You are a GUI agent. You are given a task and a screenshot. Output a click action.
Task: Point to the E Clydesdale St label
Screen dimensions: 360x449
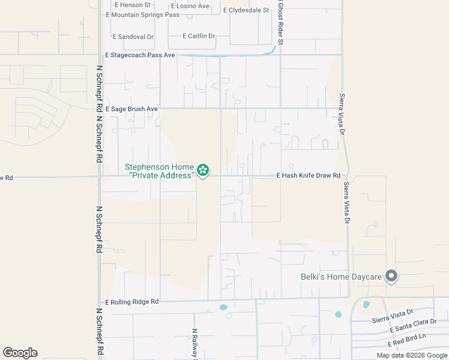click(246, 10)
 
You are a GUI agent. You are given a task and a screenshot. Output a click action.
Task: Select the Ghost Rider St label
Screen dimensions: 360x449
click(280, 21)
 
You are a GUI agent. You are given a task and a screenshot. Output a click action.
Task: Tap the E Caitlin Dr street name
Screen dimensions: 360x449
click(199, 36)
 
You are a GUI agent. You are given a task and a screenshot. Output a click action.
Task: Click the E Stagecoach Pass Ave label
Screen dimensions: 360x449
click(139, 55)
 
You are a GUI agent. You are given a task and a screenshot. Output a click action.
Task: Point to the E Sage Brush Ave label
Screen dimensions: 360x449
click(131, 109)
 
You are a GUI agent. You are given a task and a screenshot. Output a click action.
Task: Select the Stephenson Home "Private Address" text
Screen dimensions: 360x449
click(160, 171)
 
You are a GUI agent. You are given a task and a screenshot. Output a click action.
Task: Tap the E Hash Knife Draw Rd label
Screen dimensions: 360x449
click(309, 176)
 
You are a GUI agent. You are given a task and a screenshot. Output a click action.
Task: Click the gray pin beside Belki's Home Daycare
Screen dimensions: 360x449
click(391, 276)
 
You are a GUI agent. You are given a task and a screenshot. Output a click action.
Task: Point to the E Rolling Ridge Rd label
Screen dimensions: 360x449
click(131, 302)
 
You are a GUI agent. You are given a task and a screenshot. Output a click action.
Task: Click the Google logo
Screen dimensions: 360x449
click(20, 353)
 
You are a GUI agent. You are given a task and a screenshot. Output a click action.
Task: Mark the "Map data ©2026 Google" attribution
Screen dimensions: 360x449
click(412, 355)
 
